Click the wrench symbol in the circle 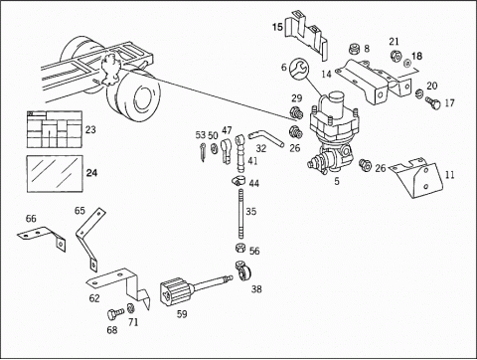point(299,69)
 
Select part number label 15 point(277,27)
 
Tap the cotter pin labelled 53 point(203,152)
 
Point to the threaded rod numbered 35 point(241,213)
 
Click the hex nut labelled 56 point(239,249)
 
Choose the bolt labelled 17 point(433,102)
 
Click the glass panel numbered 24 point(54,173)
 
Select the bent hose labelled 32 point(267,138)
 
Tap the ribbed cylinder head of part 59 point(174,291)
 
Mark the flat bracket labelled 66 point(43,237)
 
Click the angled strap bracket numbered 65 point(88,236)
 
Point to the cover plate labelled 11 point(416,178)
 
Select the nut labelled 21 point(396,56)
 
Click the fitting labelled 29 point(296,112)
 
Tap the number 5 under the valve point(337,181)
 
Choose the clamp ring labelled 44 point(238,181)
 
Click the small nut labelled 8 point(355,50)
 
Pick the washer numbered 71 point(130,308)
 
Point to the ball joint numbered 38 point(243,271)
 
